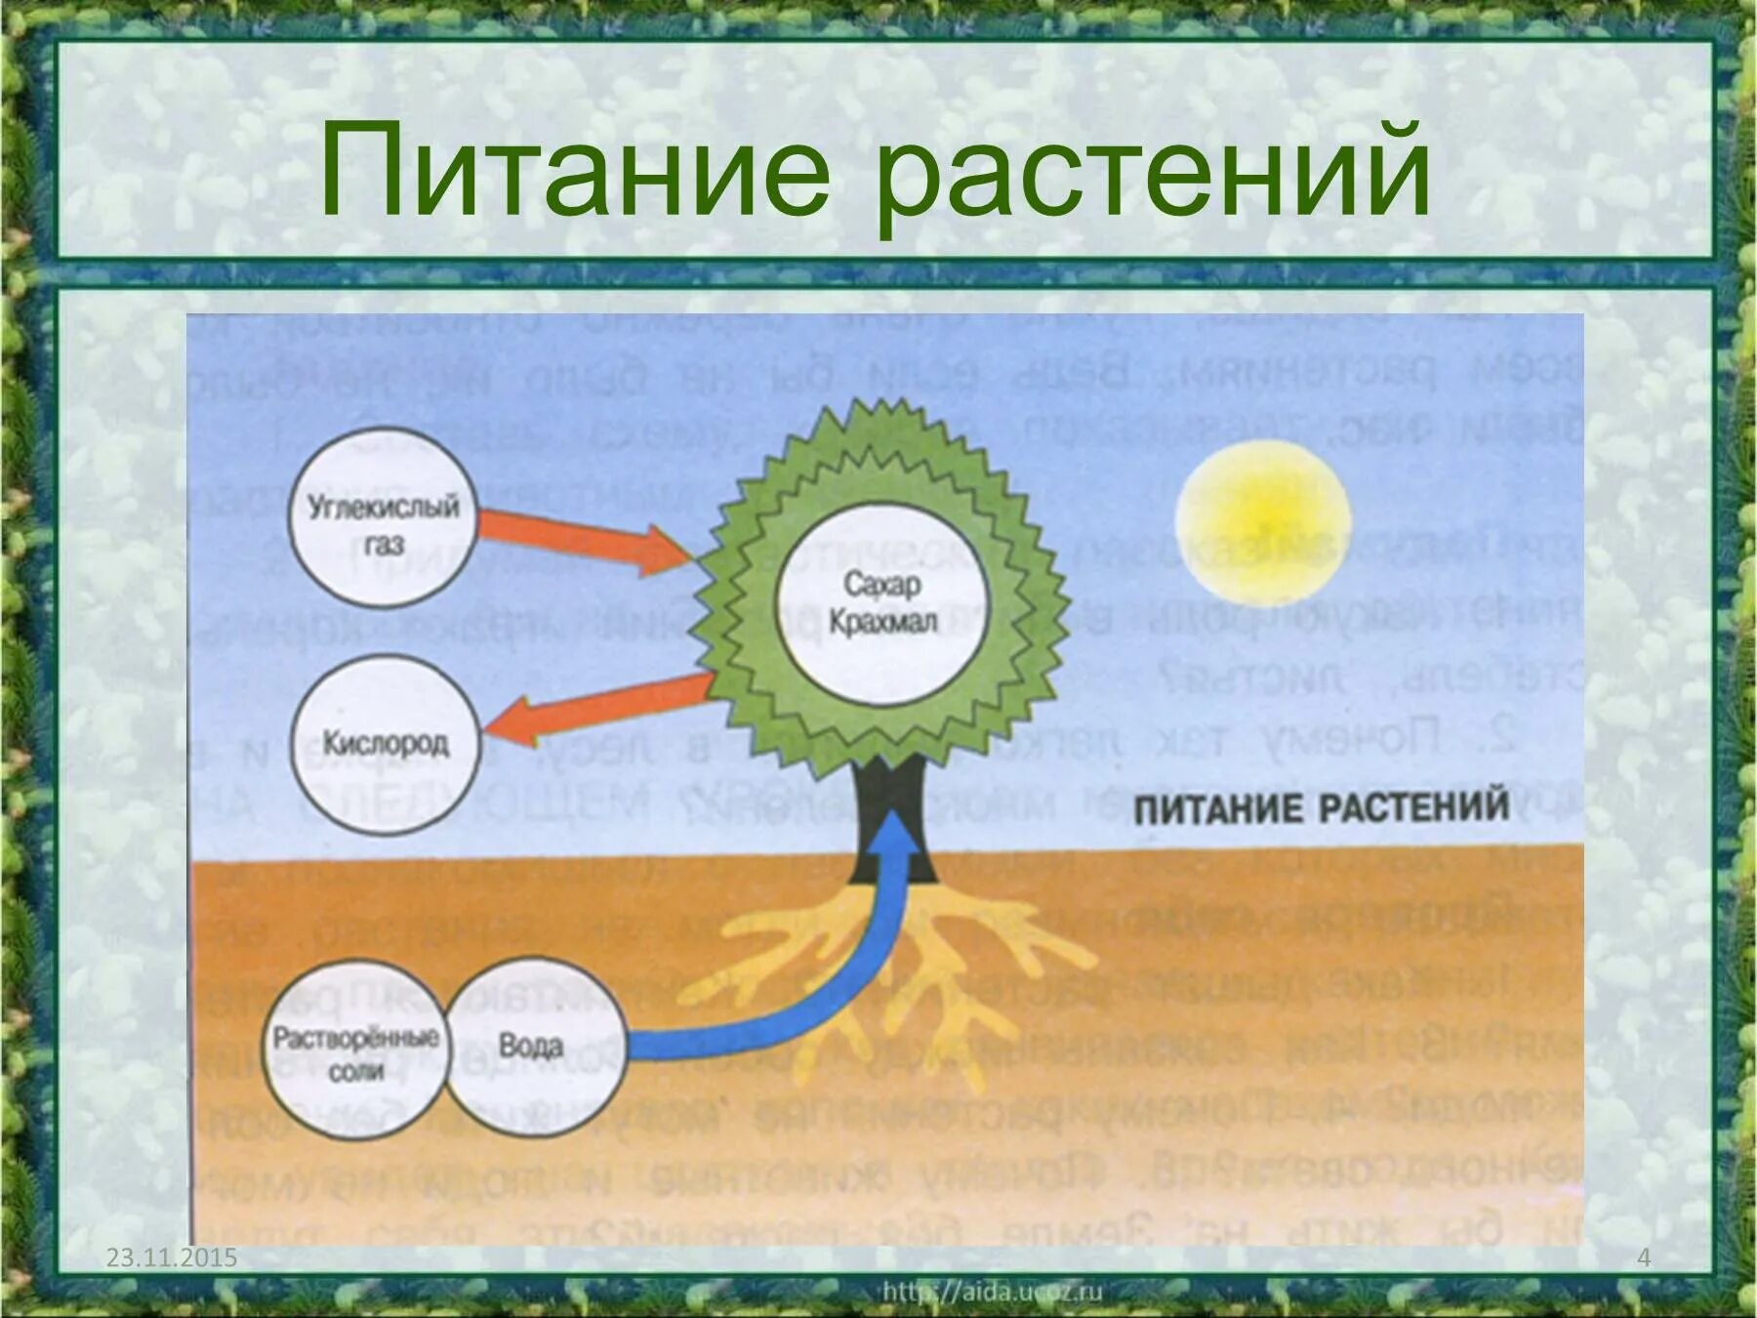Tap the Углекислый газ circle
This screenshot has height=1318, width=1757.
point(383,517)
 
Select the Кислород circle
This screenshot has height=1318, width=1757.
point(386,744)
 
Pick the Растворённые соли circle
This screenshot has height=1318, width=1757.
point(355,1050)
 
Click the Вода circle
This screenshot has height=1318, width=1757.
point(533,1047)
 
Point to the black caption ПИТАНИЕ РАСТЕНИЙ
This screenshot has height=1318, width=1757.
point(1321,808)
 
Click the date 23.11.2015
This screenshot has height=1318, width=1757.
point(172,1256)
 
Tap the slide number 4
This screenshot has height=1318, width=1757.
point(1644,1256)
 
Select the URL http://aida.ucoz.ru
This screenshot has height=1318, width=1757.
point(992,1292)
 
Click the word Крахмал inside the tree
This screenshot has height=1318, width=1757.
point(882,622)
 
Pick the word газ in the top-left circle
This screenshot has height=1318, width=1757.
point(384,543)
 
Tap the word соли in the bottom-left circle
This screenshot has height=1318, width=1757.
point(355,1072)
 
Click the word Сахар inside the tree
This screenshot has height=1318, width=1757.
point(881,584)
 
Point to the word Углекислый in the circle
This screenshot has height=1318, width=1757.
point(383,506)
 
